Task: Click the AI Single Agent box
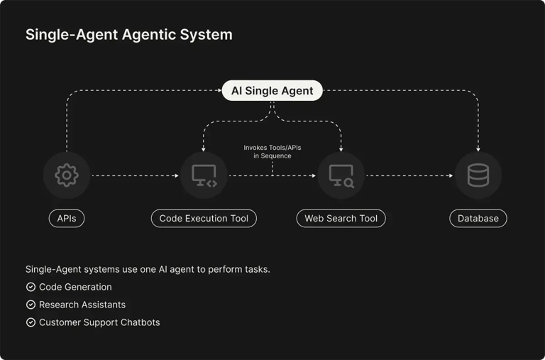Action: (272, 91)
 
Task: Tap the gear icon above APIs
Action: (67, 175)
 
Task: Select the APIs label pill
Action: (67, 218)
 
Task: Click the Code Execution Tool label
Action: (204, 218)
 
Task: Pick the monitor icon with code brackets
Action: (204, 175)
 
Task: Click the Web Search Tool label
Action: (341, 218)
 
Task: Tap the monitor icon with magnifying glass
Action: (341, 175)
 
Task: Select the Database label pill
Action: (478, 218)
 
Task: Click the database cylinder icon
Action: (478, 175)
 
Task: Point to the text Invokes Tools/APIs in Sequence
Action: (272, 151)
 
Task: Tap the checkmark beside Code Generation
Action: (31, 287)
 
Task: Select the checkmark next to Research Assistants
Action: (31, 305)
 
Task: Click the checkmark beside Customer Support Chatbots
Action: (31, 322)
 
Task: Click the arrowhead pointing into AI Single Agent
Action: (219, 91)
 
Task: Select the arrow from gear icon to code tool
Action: (135, 175)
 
